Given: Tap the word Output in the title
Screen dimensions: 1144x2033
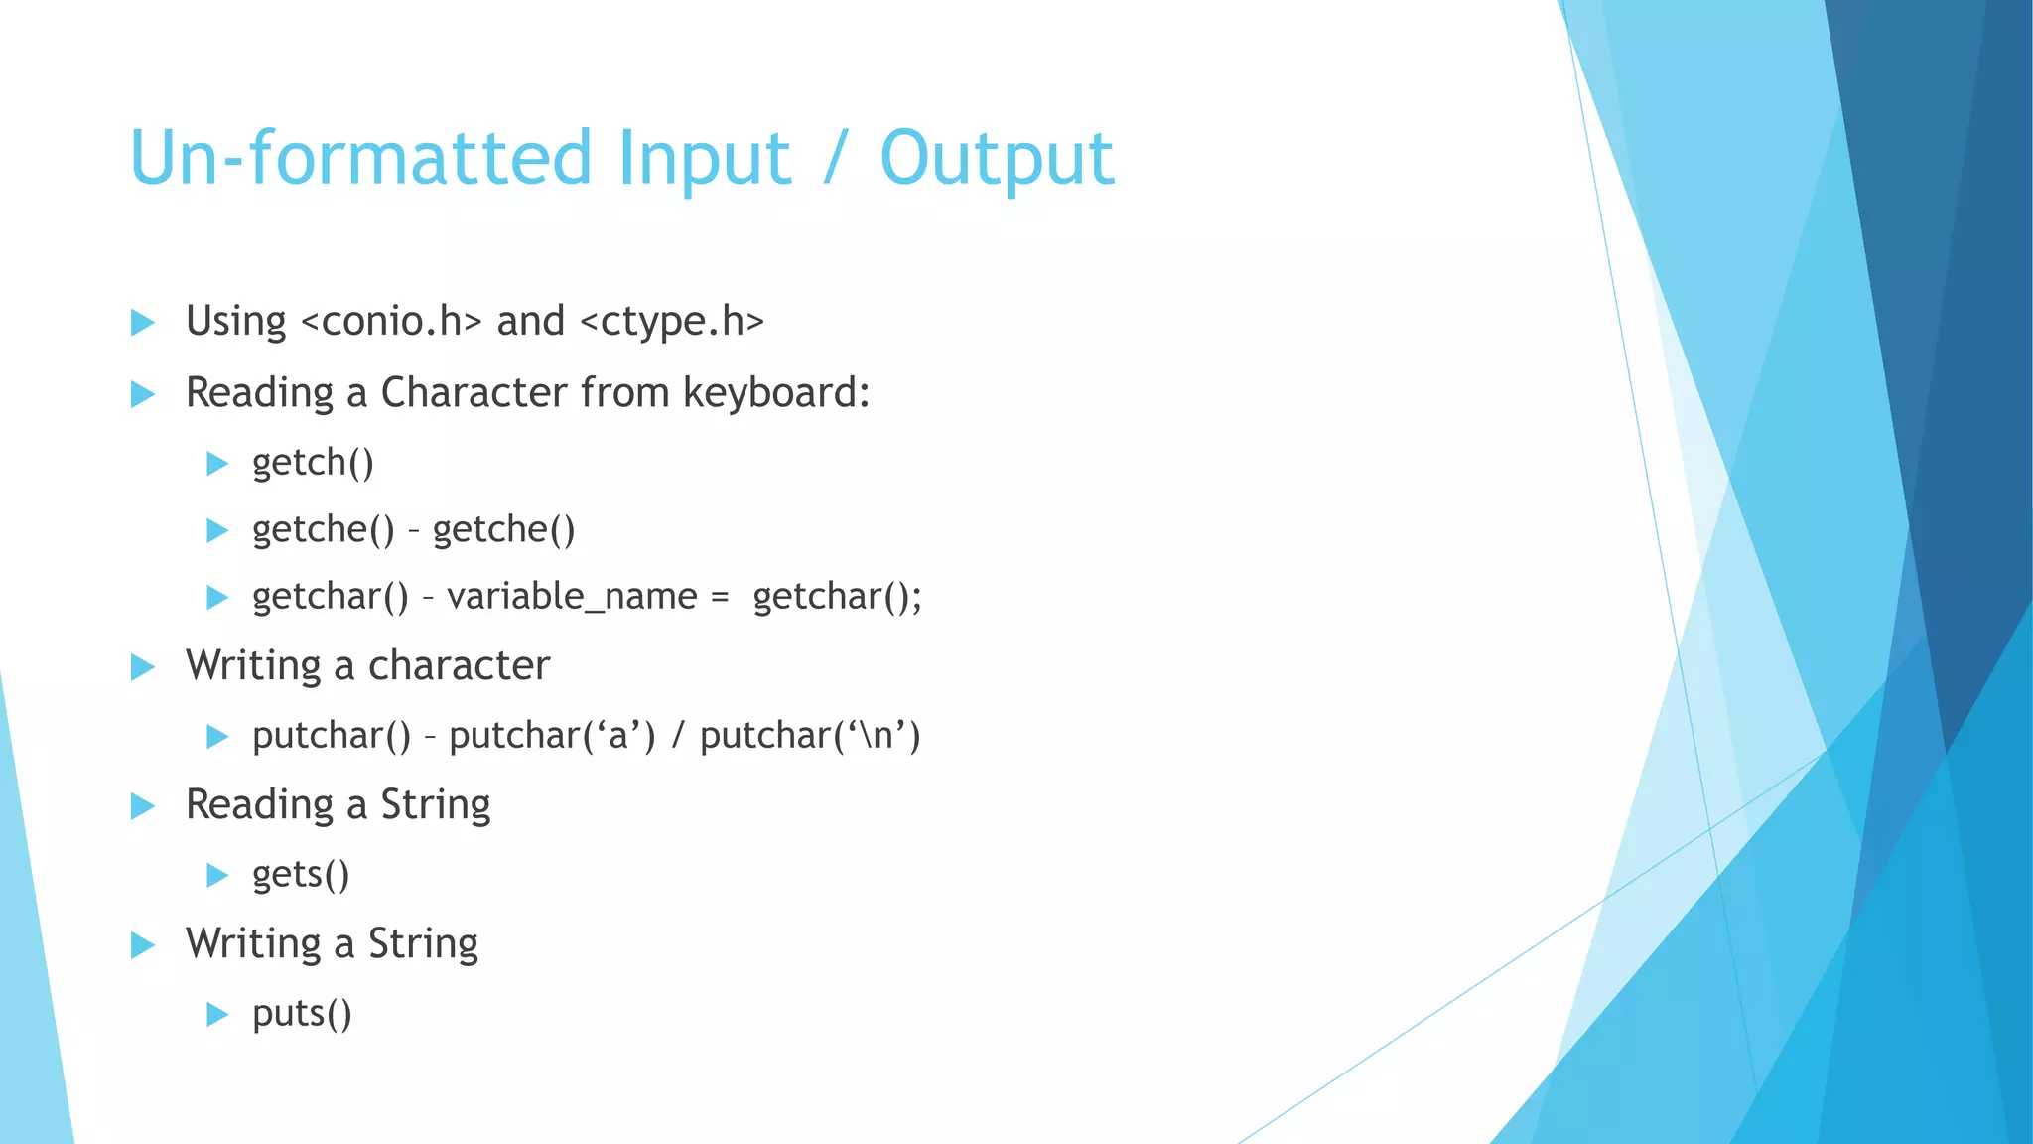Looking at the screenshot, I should (x=997, y=159).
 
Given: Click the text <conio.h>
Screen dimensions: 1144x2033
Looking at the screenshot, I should (x=390, y=322).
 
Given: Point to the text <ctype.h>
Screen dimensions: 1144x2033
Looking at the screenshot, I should (x=671, y=322).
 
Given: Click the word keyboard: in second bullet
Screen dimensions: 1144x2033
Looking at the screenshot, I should (x=776, y=393).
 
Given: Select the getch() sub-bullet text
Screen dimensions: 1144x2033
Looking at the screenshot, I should (x=313, y=463).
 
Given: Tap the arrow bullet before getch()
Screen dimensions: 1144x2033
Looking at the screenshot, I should (x=217, y=464).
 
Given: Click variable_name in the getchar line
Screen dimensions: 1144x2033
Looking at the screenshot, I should (x=572, y=597).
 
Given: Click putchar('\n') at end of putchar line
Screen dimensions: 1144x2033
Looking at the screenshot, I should (x=810, y=736).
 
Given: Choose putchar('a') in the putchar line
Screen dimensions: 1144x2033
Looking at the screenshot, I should (x=552, y=736).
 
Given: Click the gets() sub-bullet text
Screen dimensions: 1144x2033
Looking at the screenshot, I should (x=301, y=875).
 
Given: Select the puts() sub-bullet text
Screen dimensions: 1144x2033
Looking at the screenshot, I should (x=302, y=1014).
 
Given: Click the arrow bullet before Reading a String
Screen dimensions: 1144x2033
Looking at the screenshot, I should (x=143, y=806).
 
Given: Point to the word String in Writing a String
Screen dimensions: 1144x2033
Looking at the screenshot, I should (x=423, y=944).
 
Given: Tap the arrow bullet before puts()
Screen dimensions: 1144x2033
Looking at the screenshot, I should (x=217, y=1015).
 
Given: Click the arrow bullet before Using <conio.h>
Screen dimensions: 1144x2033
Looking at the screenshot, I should (x=143, y=323).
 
